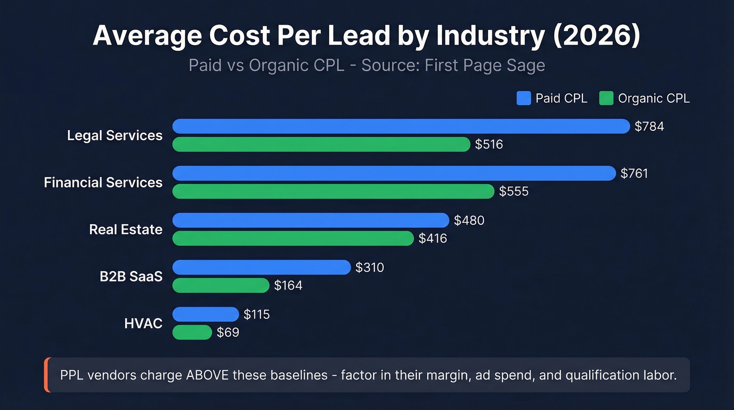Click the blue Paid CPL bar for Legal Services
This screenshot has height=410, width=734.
[401, 126]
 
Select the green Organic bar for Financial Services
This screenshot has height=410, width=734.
[333, 191]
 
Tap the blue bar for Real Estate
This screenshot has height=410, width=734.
[311, 220]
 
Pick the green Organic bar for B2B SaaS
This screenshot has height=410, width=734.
[221, 286]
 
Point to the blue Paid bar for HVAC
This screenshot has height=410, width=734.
[206, 314]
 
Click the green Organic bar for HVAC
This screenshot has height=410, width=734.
[192, 332]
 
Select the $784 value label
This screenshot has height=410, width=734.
[649, 127]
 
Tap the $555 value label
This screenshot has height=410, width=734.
[514, 192]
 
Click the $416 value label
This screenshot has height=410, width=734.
[433, 239]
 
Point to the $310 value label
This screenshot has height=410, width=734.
[370, 268]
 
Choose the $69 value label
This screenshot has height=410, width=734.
[228, 333]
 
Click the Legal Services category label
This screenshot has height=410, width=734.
[115, 135]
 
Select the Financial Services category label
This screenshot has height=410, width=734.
[103, 183]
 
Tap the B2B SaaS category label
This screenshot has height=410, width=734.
[131, 277]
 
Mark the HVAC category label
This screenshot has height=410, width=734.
[143, 324]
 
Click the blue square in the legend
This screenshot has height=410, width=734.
[524, 98]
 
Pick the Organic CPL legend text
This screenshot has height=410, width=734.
[653, 98]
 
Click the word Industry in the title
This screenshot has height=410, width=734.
[491, 36]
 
